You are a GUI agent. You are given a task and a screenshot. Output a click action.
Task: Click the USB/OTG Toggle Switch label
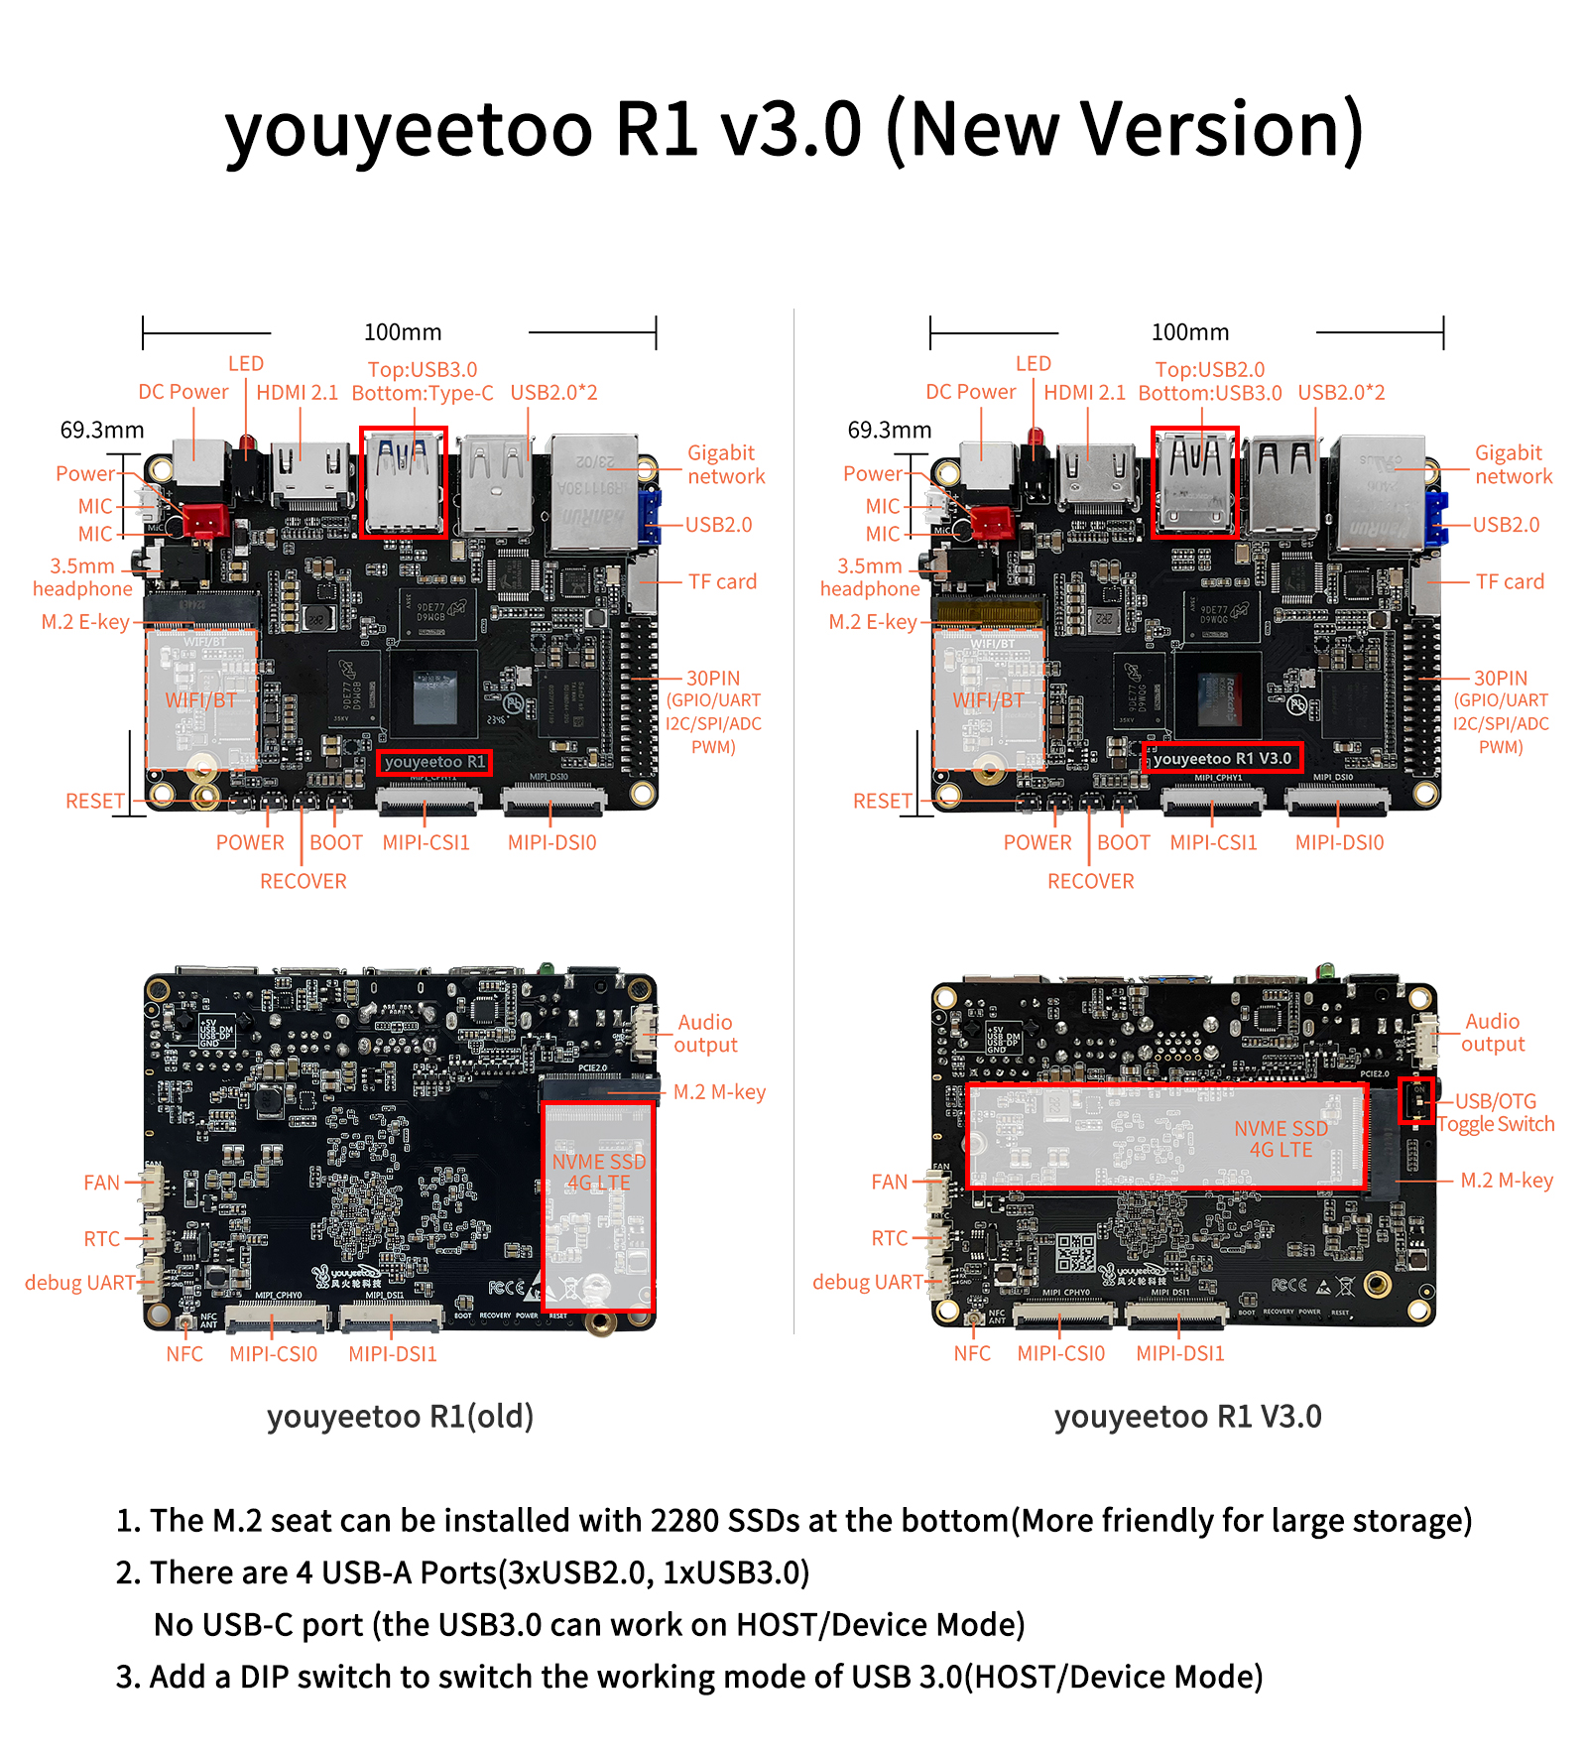[x=1496, y=1112]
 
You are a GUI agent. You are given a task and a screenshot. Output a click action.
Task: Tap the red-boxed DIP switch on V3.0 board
[x=1417, y=1100]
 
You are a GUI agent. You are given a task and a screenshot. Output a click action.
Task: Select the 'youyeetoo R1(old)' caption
[x=400, y=1416]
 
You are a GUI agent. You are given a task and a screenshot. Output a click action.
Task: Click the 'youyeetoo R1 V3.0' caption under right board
[x=1187, y=1416]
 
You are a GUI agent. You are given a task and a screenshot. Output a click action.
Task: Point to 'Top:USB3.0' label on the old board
[x=423, y=370]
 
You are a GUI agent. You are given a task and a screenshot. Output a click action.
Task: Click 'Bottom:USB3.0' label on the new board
[x=1210, y=393]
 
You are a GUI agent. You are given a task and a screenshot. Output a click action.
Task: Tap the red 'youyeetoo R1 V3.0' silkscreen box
[x=1222, y=758]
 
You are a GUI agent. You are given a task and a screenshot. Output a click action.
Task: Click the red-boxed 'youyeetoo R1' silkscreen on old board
[x=434, y=762]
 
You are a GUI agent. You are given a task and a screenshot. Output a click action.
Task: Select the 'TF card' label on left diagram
[x=722, y=581]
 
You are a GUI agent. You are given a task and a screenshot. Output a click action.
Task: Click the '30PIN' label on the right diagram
[x=1500, y=679]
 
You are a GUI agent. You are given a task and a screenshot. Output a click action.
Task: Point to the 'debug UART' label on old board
[x=79, y=1283]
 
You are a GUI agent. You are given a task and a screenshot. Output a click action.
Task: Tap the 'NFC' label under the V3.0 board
[x=972, y=1353]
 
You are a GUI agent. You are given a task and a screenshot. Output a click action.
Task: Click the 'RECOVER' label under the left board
[x=304, y=881]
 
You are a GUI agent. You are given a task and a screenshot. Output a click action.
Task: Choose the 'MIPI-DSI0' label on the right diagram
[x=1339, y=842]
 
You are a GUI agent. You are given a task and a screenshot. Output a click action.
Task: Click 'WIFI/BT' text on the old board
[x=201, y=700]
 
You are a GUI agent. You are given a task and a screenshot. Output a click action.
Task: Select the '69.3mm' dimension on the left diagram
[x=102, y=430]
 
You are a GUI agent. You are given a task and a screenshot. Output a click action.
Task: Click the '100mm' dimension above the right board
[x=1189, y=332]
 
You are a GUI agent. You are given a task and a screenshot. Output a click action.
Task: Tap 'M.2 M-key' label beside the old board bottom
[x=719, y=1092]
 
